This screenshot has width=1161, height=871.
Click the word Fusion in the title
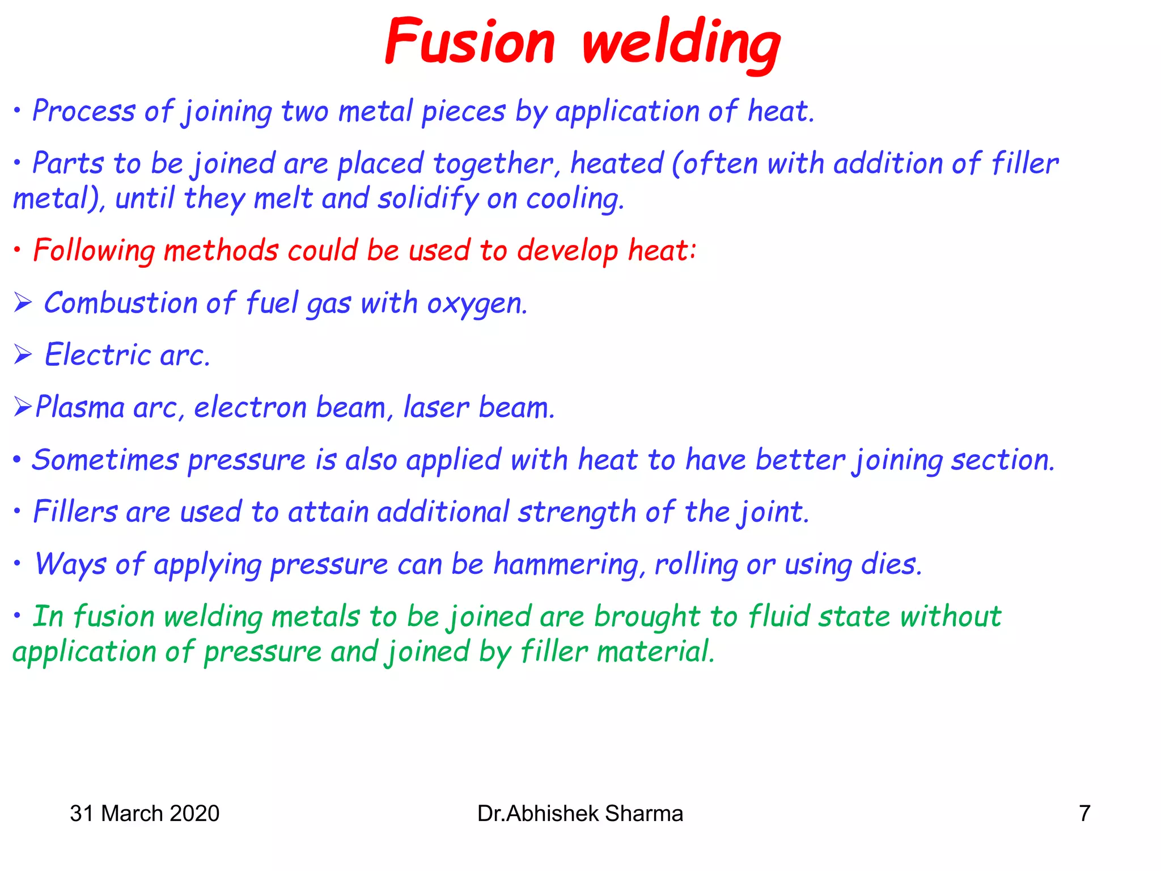[469, 43]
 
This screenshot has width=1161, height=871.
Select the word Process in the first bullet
[84, 111]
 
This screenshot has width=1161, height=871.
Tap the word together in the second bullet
[493, 164]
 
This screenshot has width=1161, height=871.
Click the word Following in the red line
[94, 251]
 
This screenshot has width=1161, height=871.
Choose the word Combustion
[120, 303]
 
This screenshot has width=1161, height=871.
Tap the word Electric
[98, 356]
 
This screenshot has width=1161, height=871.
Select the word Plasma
[80, 407]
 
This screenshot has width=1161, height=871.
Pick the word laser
[436, 407]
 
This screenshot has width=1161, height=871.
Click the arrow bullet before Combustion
[23, 303]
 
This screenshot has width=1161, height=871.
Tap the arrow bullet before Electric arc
[23, 356]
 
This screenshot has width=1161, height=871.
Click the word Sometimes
[105, 460]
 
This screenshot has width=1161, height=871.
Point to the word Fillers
[75, 512]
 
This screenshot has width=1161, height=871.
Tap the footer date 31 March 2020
[145, 814]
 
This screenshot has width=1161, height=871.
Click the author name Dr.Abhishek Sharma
[580, 814]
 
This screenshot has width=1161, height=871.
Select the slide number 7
[1084, 814]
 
